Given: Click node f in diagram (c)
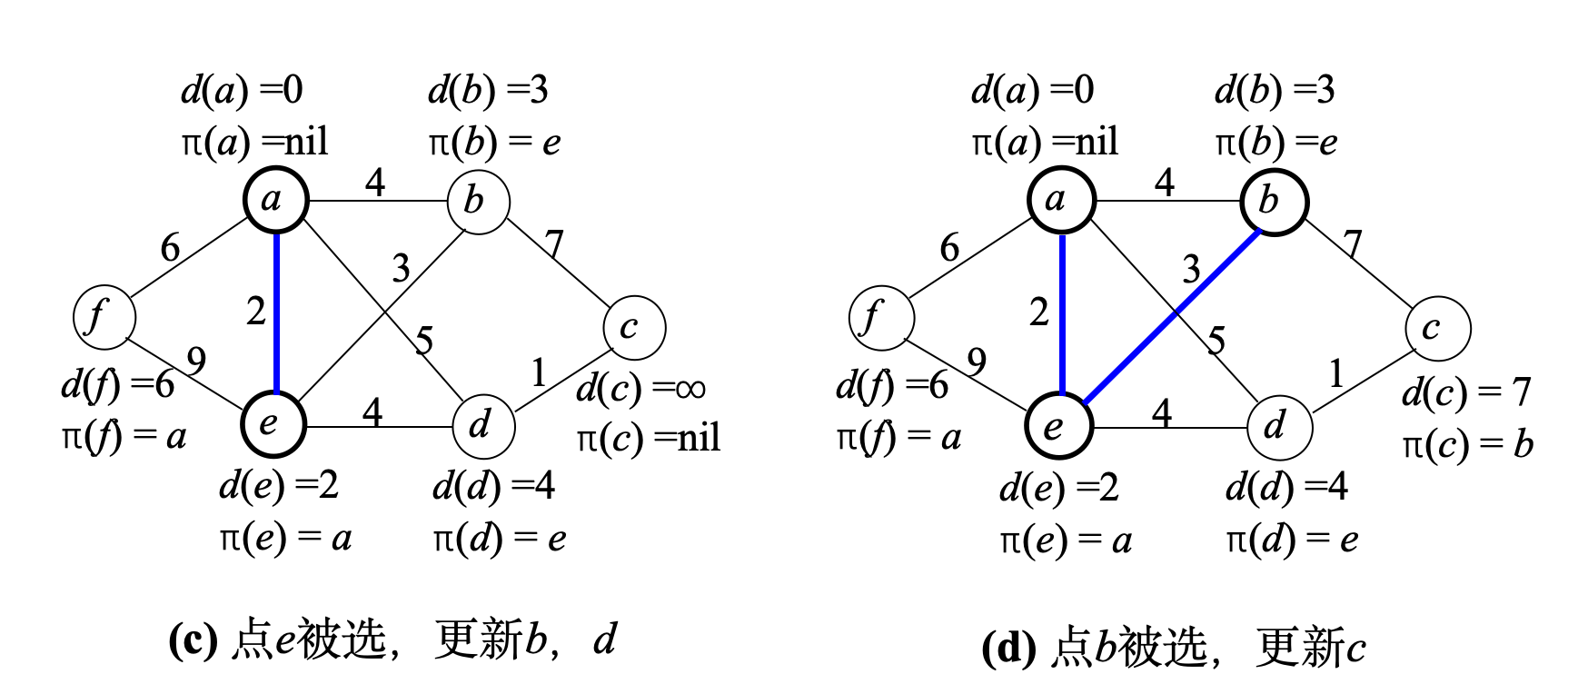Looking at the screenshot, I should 104,317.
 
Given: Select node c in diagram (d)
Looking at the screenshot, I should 1437,328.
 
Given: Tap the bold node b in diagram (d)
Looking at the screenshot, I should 1274,202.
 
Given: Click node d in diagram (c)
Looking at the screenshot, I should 483,424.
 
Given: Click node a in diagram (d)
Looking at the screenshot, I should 1060,200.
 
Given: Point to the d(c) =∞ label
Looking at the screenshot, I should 641,389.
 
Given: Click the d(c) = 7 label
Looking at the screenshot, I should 1466,392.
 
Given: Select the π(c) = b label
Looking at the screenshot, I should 1466,444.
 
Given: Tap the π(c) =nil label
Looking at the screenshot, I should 648,439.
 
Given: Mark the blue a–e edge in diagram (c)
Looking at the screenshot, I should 275,312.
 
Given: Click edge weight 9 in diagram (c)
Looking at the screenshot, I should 196,361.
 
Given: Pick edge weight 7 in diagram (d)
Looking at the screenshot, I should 1353,243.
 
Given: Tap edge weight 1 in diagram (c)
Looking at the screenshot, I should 539,372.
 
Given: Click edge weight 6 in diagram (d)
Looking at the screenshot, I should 949,247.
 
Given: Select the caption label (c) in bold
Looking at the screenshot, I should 193,640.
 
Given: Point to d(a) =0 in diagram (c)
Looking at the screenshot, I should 242,90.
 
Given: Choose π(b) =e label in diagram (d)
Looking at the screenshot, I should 1275,142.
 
